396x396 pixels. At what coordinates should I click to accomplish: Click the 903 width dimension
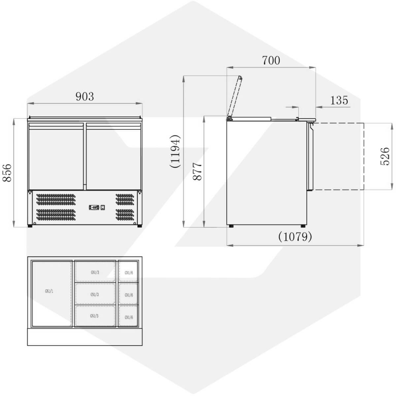(x=85, y=96)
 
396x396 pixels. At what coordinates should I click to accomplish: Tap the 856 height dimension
(x=7, y=173)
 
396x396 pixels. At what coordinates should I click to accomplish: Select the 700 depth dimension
(x=271, y=60)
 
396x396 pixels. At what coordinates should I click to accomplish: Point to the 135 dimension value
(x=339, y=100)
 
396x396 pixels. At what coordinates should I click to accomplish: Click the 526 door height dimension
(x=385, y=156)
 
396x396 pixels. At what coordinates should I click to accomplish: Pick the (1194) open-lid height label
(x=175, y=152)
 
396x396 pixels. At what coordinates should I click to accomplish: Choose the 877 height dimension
(x=197, y=172)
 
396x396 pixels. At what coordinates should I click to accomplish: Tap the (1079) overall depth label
(x=295, y=237)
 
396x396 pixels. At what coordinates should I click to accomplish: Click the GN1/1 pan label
(x=49, y=291)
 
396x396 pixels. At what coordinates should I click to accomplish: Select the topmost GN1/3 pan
(x=95, y=272)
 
